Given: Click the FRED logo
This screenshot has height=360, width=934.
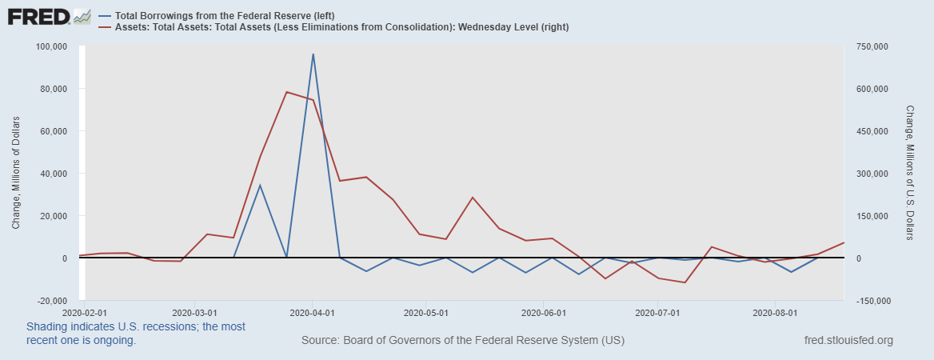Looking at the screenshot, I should [48, 17].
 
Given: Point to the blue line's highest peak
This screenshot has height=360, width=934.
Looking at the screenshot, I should [313, 54].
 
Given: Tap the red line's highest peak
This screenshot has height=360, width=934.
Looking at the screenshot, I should [286, 92].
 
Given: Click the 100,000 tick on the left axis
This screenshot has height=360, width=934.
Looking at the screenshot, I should [53, 46].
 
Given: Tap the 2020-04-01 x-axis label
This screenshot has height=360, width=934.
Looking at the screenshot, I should [313, 312].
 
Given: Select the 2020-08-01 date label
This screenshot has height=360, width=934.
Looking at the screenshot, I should [776, 312].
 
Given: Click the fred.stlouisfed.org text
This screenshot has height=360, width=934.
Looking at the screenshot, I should [847, 341].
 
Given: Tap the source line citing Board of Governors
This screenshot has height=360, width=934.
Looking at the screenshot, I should [462, 341].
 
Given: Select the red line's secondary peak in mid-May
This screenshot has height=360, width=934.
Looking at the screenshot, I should [473, 197].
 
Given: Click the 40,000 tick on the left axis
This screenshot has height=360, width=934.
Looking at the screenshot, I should [55, 174].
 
